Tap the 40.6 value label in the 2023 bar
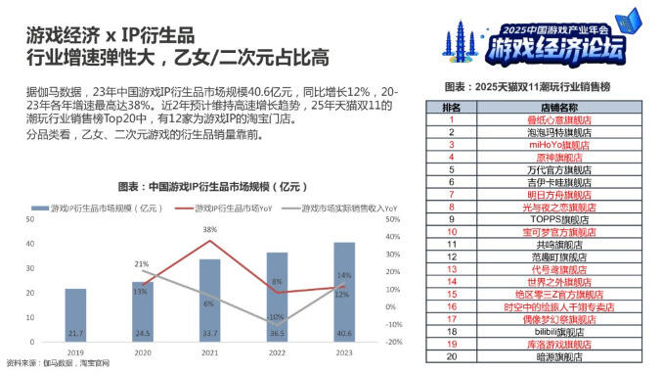(344, 333)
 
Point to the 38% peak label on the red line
(209, 229)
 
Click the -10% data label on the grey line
(276, 317)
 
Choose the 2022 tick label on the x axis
(277, 350)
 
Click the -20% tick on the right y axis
(394, 342)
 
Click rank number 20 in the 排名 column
(452, 357)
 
